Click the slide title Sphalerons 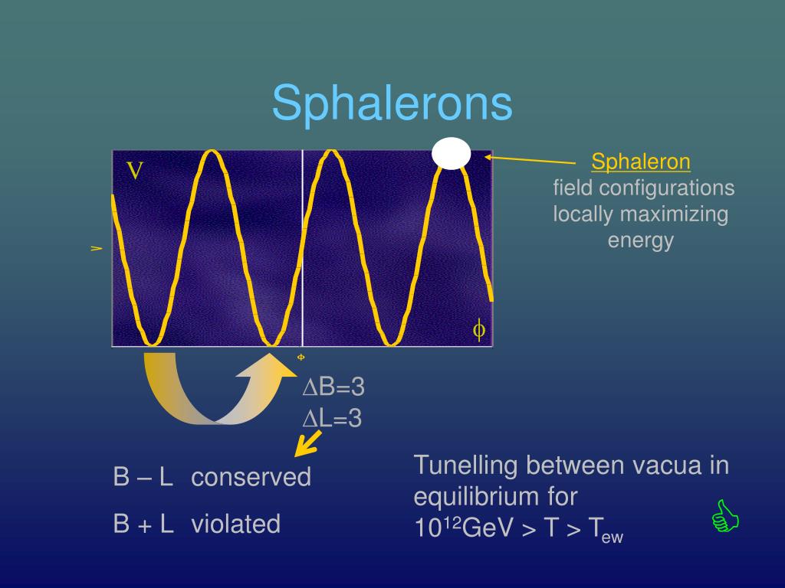click(392, 103)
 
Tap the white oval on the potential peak click(451, 153)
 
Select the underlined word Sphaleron click(641, 162)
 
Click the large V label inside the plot click(135, 171)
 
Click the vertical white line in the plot click(303, 245)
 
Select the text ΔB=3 click(333, 387)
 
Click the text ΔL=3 click(332, 418)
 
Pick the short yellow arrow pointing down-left click(310, 442)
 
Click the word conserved click(251, 478)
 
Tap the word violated click(235, 524)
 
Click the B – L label click(143, 478)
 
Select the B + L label click(143, 524)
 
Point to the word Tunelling click(464, 465)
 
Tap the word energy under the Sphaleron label click(640, 240)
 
